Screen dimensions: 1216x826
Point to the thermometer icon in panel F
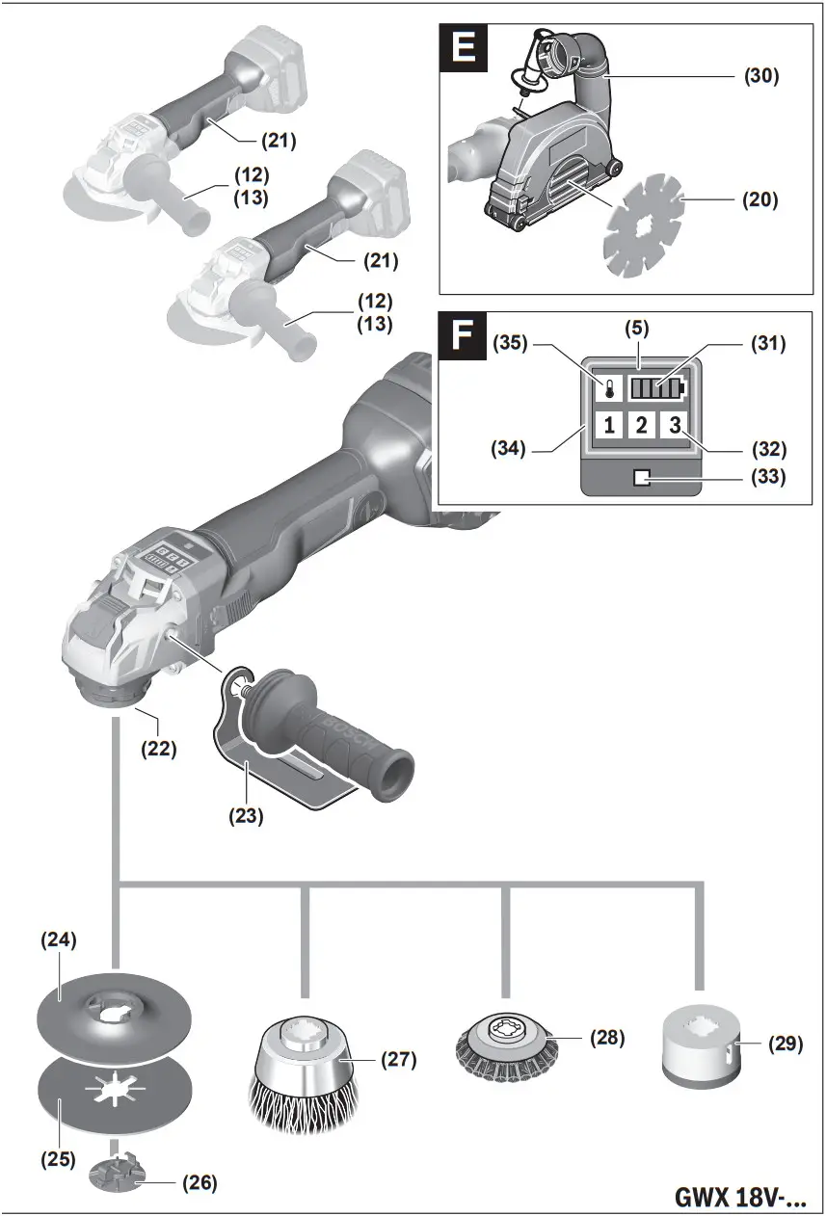pyautogui.click(x=608, y=389)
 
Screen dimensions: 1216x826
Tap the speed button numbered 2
pyautogui.click(x=641, y=425)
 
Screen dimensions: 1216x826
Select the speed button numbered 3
pyautogui.click(x=674, y=425)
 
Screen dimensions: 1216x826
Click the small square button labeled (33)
pyautogui.click(x=641, y=477)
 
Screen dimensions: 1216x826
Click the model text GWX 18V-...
pyautogui.click(x=739, y=1198)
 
